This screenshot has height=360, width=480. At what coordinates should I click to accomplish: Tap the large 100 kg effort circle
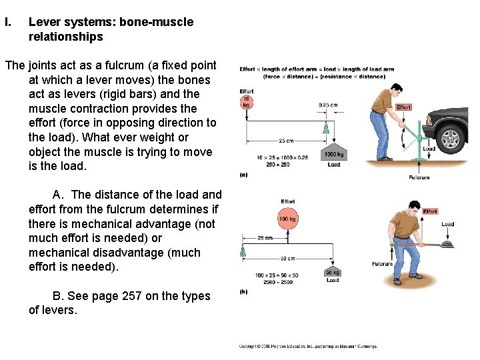pyautogui.click(x=288, y=219)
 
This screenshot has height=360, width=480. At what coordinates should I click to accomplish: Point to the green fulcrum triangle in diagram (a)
pyautogui.click(x=326, y=127)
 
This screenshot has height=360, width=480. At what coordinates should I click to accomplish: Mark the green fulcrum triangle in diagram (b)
pyautogui.click(x=243, y=252)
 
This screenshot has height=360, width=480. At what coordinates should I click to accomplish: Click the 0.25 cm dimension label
pyautogui.click(x=328, y=105)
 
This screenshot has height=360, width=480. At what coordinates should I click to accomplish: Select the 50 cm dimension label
pyautogui.click(x=287, y=258)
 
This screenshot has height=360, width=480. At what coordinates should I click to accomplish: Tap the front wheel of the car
pyautogui.click(x=451, y=138)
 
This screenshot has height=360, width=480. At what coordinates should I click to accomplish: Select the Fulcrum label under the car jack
pyautogui.click(x=419, y=177)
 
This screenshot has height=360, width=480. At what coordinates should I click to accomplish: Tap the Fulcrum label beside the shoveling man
pyautogui.click(x=382, y=264)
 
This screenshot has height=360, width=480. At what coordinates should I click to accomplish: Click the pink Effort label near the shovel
pyautogui.click(x=430, y=211)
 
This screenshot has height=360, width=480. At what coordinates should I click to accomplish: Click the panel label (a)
pyautogui.click(x=243, y=174)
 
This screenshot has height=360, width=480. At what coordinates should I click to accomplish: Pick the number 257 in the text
pyautogui.click(x=131, y=296)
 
